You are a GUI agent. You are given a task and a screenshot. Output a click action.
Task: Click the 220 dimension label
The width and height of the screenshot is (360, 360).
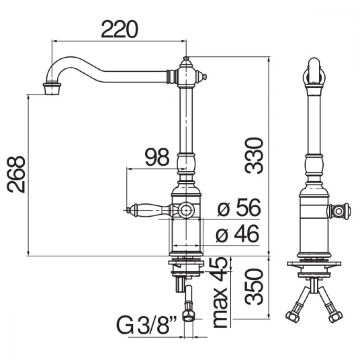[120, 29]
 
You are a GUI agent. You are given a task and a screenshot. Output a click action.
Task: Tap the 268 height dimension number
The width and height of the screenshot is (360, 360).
[16, 174]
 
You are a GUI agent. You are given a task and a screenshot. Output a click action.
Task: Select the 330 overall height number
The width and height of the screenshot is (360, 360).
[253, 156]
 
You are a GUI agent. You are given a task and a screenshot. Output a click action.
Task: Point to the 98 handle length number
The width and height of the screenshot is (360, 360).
[157, 157]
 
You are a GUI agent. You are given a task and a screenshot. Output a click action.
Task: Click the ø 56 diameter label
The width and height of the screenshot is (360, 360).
[239, 208]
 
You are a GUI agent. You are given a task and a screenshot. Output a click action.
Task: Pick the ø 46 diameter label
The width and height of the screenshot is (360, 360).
[238, 234]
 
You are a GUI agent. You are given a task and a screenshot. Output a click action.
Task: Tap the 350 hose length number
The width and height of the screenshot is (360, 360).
[253, 287]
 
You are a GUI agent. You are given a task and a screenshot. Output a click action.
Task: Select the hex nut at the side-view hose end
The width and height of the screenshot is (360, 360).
[188, 316]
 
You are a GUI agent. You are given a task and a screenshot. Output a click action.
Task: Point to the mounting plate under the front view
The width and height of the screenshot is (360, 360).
[314, 264]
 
